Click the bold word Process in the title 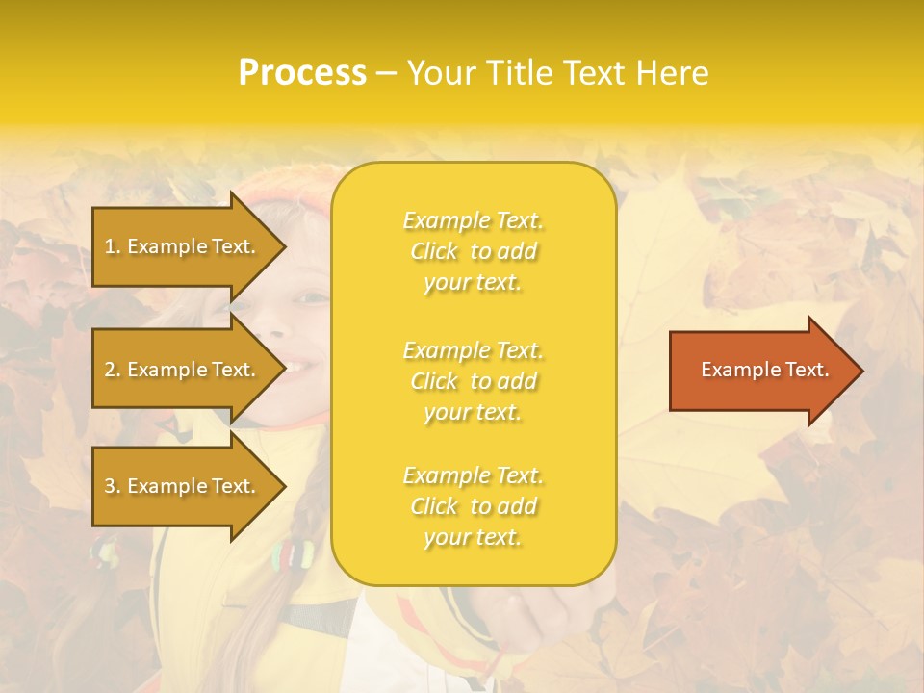[302, 73]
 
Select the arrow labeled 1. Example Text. [183, 246]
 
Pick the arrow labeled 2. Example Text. [183, 370]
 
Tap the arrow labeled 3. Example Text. [183, 486]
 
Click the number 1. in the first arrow [113, 246]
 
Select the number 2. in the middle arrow [113, 370]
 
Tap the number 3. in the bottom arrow [113, 486]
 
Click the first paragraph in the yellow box [473, 251]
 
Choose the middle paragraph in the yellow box [473, 381]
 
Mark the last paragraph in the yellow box [473, 506]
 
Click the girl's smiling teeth [299, 368]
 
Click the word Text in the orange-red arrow [808, 370]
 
